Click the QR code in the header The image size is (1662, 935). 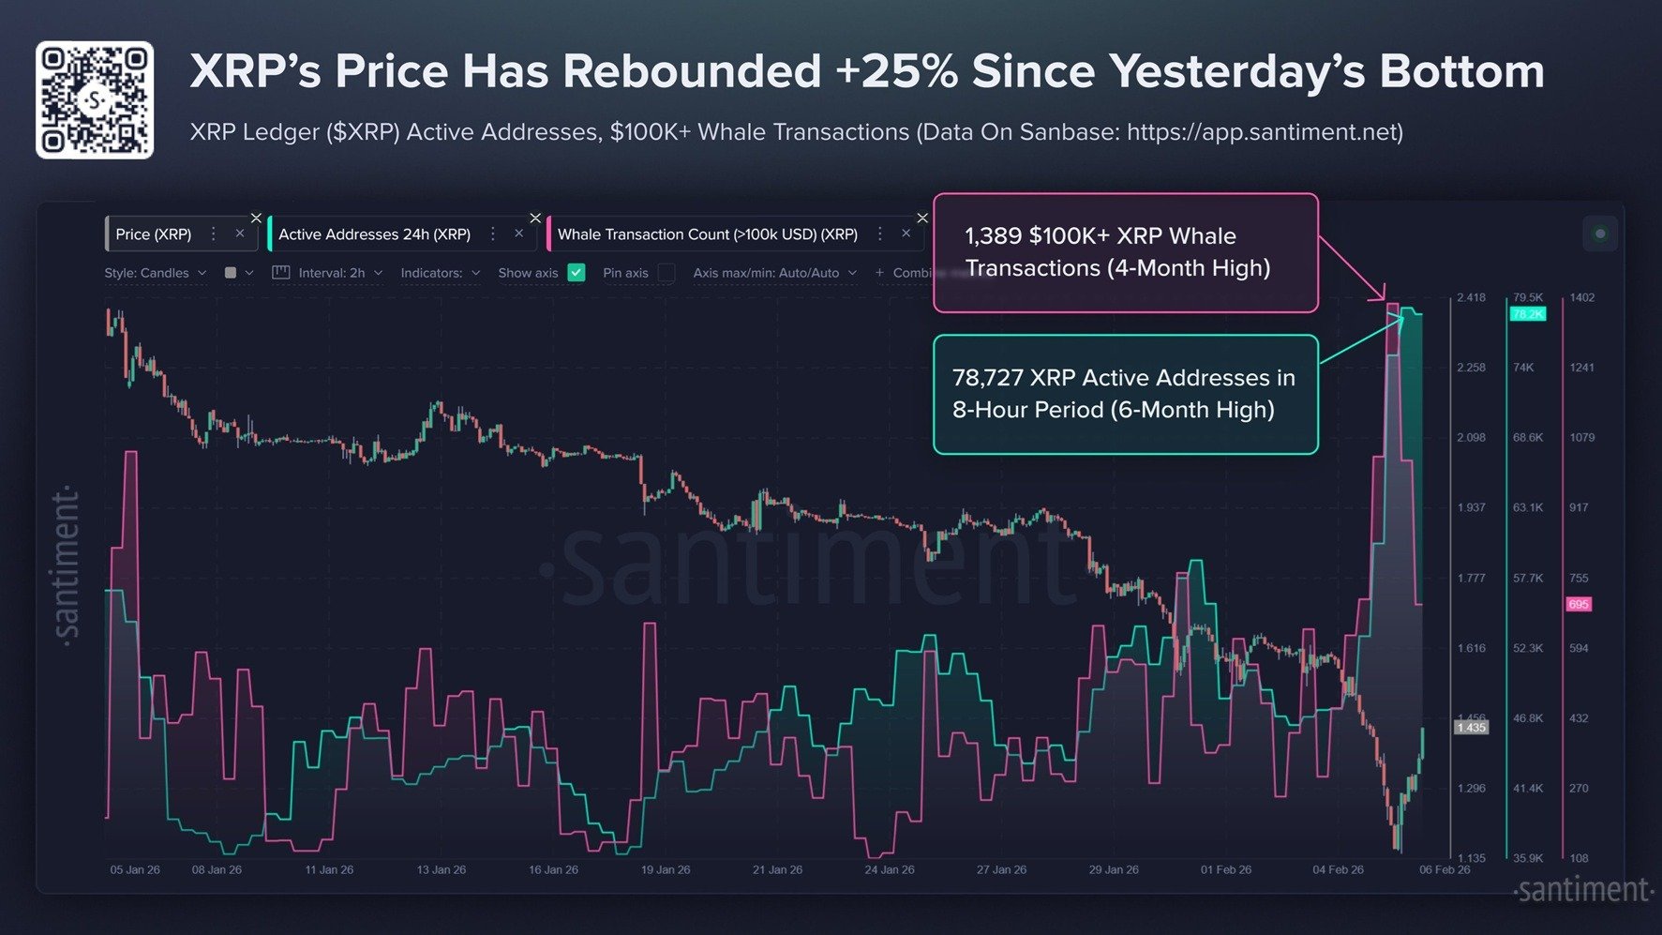click(x=95, y=99)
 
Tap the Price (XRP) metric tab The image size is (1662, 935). click(x=154, y=234)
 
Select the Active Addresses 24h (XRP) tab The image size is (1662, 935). click(x=374, y=234)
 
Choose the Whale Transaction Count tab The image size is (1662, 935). click(x=707, y=234)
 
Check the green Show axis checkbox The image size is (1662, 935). click(x=576, y=273)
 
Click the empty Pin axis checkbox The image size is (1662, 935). click(x=666, y=273)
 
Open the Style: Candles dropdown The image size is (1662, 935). click(x=155, y=273)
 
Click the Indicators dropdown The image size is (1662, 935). click(x=440, y=273)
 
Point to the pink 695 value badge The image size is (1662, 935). click(x=1579, y=604)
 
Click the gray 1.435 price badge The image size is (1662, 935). click(x=1471, y=727)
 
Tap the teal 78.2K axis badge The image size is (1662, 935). click(x=1527, y=314)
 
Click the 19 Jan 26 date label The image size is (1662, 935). click(x=666, y=870)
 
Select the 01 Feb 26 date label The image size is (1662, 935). click(x=1225, y=870)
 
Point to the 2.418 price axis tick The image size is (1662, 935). click(x=1471, y=297)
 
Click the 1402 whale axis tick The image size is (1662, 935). click(x=1581, y=297)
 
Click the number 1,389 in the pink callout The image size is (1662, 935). click(x=993, y=236)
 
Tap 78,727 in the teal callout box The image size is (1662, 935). click(x=987, y=378)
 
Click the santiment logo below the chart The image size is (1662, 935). click(x=1583, y=890)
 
